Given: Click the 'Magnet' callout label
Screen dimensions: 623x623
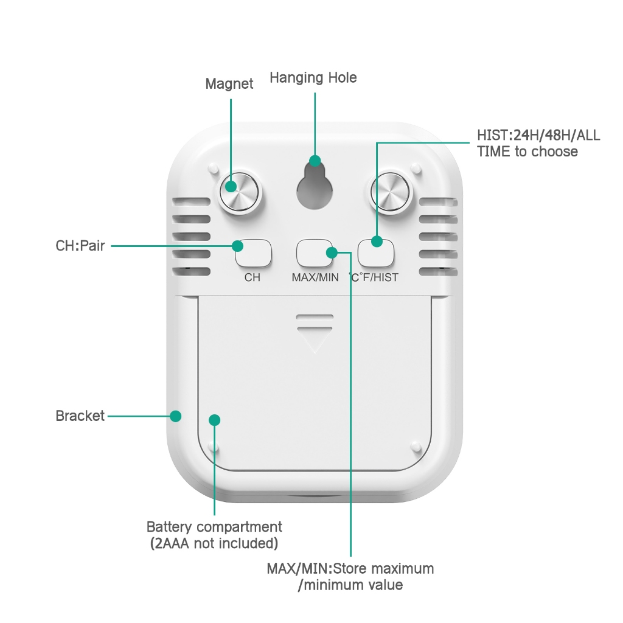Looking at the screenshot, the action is coord(229,84).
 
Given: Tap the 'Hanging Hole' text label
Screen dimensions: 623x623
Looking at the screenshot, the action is coord(313,78).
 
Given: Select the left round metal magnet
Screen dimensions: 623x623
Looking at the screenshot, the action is coord(239,192).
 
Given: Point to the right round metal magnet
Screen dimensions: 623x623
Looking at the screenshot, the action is coord(390,192).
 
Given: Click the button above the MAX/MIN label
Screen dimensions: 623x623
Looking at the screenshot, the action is coord(315,253).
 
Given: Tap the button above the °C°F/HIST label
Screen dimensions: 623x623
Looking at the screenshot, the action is coord(376,253).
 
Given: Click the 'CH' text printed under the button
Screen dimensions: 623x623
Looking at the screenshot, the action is coord(252,277).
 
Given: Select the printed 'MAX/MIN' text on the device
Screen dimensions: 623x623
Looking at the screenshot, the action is coord(315,277).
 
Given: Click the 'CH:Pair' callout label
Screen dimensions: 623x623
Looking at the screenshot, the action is coord(80,246).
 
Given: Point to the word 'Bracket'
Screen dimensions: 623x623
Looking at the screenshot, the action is coord(80,416).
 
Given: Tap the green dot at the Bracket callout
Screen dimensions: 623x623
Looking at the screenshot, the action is coord(176,416).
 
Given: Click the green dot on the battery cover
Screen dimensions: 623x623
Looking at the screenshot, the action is coord(215,420).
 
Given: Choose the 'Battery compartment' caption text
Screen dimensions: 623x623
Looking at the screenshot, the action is coord(214,527).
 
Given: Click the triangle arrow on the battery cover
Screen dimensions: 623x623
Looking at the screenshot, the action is coord(315,341).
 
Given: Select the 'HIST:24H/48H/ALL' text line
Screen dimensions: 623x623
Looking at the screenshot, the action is coord(538,135).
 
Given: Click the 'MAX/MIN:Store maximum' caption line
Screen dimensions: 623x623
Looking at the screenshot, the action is coord(350,569).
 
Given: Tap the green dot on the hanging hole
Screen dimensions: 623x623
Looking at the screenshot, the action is coord(315,161).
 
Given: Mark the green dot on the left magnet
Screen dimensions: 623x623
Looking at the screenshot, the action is coord(231,186).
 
